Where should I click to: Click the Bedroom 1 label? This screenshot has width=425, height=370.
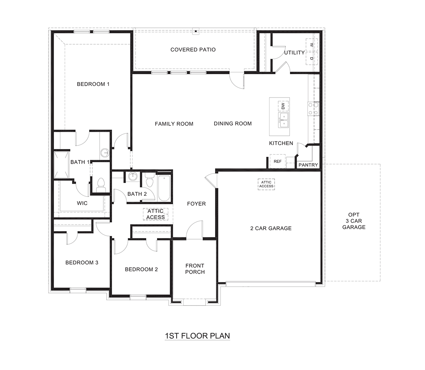(x=93, y=84)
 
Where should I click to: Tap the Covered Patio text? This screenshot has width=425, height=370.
(x=193, y=50)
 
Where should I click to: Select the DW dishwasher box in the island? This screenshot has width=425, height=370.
(x=283, y=106)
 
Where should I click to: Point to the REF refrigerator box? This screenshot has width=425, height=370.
(x=277, y=161)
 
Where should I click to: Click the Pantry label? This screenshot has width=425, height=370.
(x=308, y=165)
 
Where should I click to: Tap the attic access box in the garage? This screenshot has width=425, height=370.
(x=266, y=184)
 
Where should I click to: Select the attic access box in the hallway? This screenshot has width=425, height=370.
(x=156, y=214)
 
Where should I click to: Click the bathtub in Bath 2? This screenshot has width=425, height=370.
(x=164, y=188)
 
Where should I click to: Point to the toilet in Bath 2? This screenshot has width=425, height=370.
(x=149, y=180)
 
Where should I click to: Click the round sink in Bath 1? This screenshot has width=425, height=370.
(x=105, y=153)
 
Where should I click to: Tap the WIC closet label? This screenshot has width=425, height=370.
(x=82, y=203)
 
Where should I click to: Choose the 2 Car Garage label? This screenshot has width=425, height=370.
(x=271, y=228)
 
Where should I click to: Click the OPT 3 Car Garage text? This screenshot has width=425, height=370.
(x=353, y=221)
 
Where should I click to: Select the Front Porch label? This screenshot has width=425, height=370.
(x=195, y=269)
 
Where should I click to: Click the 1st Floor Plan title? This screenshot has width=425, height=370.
(x=197, y=336)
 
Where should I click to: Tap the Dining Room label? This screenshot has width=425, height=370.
(x=233, y=124)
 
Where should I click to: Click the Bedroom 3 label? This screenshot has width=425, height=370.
(x=82, y=263)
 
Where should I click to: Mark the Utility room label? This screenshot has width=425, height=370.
(x=294, y=53)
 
